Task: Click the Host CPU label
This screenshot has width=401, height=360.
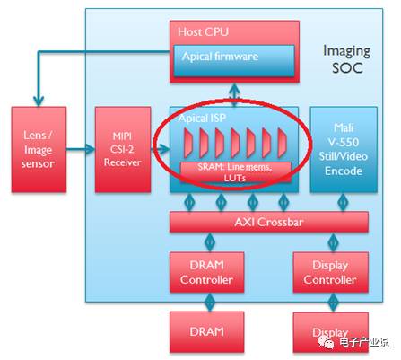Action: [203, 31]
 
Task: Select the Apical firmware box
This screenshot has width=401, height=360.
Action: [234, 61]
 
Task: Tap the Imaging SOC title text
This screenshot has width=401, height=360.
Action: [347, 59]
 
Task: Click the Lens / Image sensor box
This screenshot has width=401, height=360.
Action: [39, 150]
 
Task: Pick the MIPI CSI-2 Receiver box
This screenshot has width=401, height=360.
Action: [123, 150]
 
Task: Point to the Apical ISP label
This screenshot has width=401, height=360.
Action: [202, 119]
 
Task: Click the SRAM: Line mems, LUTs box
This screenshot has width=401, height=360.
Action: [235, 172]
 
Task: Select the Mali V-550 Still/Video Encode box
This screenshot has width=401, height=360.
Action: [344, 150]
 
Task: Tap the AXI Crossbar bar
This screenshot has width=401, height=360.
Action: [269, 222]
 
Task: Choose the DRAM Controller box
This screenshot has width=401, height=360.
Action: [206, 272]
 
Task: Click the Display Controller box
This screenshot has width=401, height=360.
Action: [330, 272]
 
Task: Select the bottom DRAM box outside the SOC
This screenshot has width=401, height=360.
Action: [206, 332]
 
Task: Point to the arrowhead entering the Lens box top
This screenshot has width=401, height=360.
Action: [39, 101]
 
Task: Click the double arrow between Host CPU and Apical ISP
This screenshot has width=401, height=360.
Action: [234, 94]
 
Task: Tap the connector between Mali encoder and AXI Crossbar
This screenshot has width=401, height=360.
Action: [343, 202]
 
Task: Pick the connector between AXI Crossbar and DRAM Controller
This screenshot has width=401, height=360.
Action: [210, 241]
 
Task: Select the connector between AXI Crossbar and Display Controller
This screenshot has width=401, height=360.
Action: [333, 241]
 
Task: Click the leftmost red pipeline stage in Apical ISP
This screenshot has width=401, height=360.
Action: [188, 143]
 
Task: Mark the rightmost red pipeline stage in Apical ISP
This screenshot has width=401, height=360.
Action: [282, 143]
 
